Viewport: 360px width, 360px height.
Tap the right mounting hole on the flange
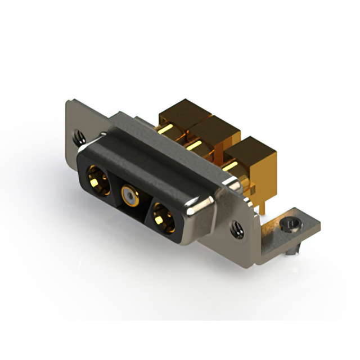238,229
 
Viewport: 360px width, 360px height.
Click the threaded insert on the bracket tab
289,226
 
